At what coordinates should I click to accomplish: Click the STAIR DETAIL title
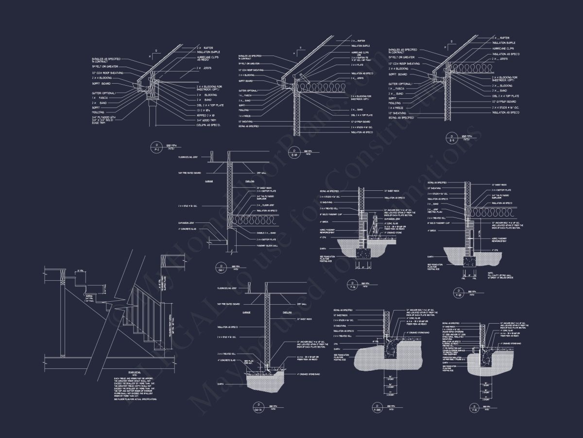click(121, 375)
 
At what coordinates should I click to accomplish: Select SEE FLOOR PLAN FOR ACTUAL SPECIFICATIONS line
click(135, 399)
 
